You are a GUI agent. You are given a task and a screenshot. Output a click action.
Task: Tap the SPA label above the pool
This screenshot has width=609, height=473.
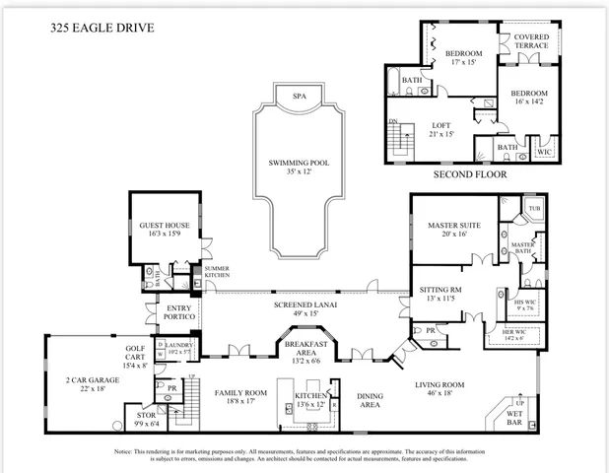299,96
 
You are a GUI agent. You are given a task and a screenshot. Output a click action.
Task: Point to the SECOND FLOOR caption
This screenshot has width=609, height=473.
470,173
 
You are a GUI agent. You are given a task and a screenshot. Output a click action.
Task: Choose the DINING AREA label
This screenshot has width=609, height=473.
370,399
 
